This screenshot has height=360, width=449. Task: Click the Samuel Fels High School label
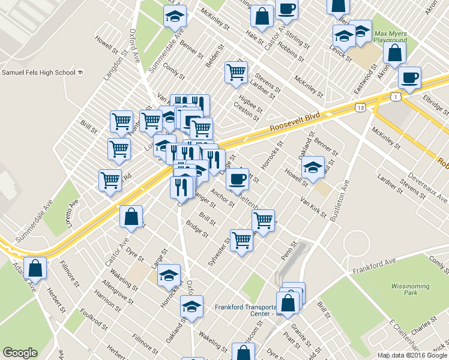tap(38, 73)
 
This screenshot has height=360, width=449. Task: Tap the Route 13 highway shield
tap(360, 107)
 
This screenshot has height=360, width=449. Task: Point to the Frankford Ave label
tap(375, 264)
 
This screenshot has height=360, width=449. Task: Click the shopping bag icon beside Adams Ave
tap(36, 269)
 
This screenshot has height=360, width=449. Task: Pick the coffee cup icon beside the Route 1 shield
tap(409, 78)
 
